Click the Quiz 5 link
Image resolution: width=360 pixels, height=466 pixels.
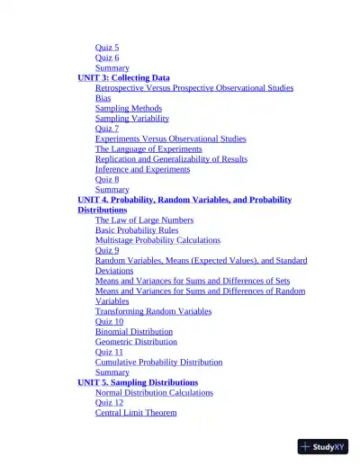[106, 48]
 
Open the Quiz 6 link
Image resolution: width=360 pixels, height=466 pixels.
[106, 58]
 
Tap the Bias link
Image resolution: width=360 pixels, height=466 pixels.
[103, 98]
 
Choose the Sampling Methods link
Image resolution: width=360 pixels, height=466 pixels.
[129, 109]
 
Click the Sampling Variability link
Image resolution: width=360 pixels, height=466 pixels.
[131, 119]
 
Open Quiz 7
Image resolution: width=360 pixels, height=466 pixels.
[106, 129]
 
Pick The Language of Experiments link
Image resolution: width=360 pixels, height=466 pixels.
[148, 149]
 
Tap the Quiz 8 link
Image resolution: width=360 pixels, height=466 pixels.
[106, 179]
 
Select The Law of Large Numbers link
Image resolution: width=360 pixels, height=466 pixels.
[144, 220]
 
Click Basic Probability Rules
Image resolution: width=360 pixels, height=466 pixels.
[137, 230]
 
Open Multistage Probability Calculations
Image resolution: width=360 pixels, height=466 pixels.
[157, 240]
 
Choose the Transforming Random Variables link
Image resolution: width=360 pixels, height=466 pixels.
[153, 311]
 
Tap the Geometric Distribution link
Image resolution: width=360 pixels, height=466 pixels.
[136, 342]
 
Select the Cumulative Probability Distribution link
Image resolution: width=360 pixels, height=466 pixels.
[158, 363]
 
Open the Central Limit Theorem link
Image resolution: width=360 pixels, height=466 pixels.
[136, 413]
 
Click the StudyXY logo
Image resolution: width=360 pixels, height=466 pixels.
[323, 446]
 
